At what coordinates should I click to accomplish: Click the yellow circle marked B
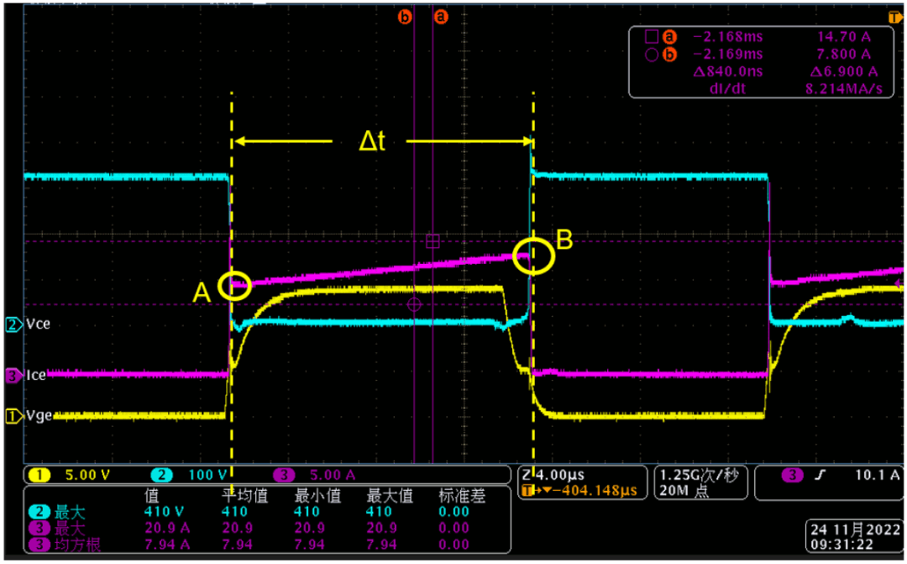pos(514,256)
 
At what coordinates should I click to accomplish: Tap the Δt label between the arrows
pos(372,140)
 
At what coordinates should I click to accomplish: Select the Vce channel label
pos(38,324)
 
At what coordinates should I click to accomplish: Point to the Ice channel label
pos(36,375)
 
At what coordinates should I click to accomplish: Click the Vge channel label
pos(39,416)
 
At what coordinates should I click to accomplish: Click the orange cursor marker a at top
pos(441,17)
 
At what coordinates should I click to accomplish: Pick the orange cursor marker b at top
pos(405,17)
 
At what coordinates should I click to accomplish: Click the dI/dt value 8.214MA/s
pos(844,88)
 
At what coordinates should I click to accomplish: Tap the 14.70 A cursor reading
pos(844,36)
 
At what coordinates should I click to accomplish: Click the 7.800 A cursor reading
pos(844,54)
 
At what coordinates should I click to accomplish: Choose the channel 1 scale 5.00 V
pos(87,476)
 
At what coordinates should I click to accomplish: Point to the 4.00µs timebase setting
pos(560,475)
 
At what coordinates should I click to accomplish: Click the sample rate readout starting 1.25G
pos(699,476)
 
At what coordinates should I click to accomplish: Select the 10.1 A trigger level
pos(878,475)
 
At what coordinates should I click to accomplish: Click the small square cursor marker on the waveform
pos(433,241)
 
